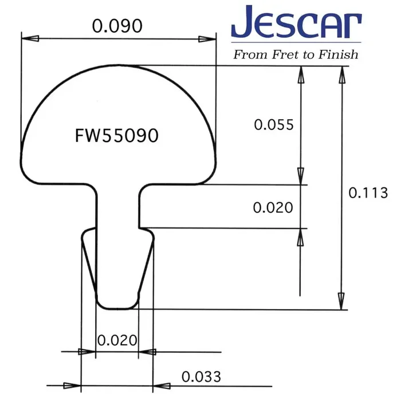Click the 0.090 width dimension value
[117, 26]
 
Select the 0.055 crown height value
[273, 125]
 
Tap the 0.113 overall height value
[368, 193]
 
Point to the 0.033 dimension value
[201, 377]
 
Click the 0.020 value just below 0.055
[273, 207]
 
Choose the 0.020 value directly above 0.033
[117, 340]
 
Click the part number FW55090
[117, 136]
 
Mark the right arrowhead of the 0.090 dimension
[208, 39]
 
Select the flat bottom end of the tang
[117, 308]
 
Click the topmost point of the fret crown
[119, 65]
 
